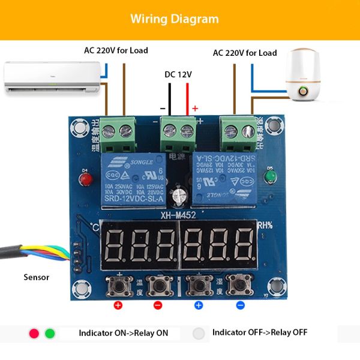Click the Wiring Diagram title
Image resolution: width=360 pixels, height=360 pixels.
pos(175,19)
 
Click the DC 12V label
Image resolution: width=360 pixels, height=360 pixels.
pos(178,75)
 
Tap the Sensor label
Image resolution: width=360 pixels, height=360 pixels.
pos(36,277)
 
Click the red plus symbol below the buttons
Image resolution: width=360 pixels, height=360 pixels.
pos(118,305)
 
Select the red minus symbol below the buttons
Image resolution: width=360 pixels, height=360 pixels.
pos(158,305)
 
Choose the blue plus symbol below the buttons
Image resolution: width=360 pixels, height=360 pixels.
pos(199,305)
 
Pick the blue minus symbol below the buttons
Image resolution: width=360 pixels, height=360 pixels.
pos(240,305)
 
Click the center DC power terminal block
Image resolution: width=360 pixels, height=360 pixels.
pos(178,132)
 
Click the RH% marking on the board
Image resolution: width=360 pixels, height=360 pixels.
pos(265,226)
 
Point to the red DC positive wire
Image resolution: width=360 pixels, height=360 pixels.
pos(187,99)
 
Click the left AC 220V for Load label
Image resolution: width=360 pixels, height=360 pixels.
pos(116,50)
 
